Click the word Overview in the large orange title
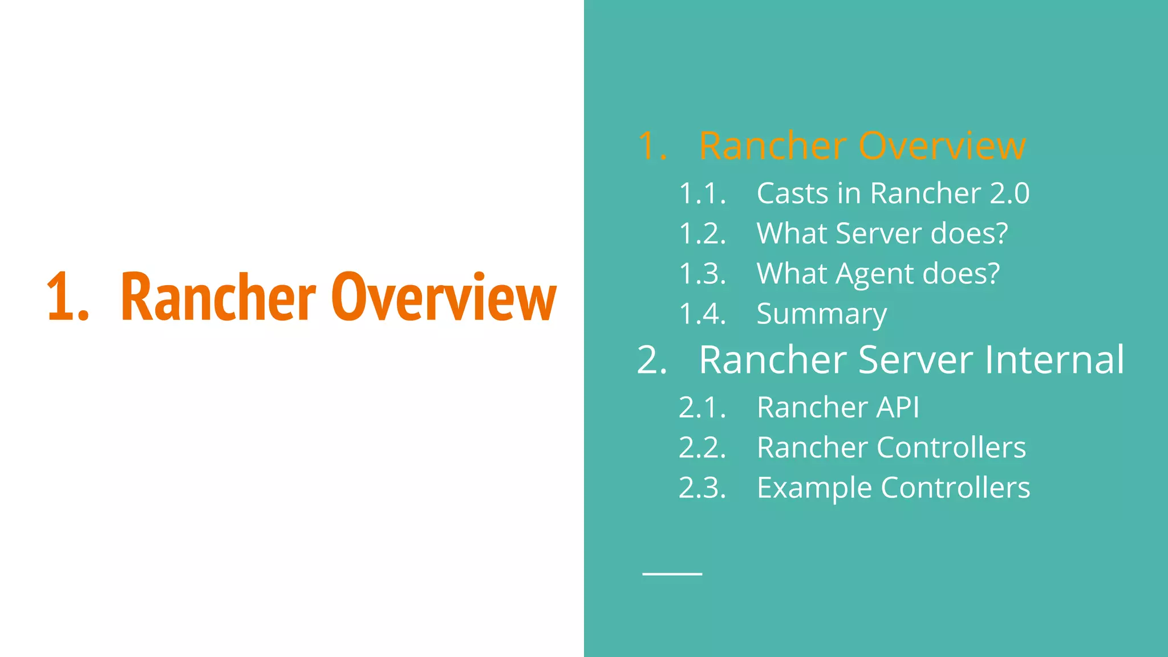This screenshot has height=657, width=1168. tap(443, 298)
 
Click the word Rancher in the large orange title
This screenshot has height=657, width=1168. tap(218, 298)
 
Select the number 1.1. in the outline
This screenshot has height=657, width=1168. tap(702, 193)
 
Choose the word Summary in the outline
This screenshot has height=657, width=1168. tap(821, 314)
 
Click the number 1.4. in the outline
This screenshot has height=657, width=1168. tap(702, 314)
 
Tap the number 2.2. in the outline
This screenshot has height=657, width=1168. tap(702, 448)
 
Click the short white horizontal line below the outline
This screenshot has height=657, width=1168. tap(672, 574)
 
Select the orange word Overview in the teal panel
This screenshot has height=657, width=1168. tap(942, 146)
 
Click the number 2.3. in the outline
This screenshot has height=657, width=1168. tap(702, 488)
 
